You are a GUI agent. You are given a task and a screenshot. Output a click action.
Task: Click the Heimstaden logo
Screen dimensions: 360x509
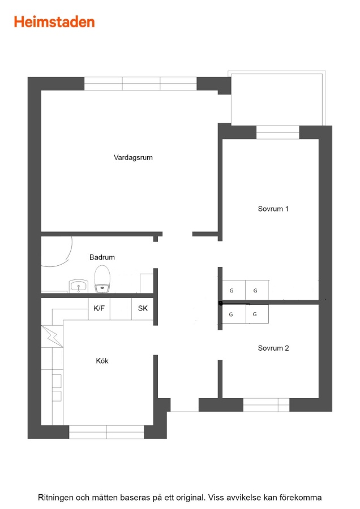54,22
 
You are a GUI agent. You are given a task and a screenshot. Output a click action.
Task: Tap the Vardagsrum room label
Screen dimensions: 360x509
133,157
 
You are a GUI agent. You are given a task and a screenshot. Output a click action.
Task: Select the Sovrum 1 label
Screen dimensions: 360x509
273,209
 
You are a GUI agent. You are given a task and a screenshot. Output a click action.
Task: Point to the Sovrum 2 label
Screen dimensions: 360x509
273,348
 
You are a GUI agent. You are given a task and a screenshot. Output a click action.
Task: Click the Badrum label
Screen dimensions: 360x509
102,257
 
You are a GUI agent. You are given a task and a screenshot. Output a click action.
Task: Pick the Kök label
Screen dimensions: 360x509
102,361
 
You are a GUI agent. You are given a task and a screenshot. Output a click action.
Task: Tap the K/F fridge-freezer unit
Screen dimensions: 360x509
99,308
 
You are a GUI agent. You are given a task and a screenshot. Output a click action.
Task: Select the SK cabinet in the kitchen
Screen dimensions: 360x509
142,308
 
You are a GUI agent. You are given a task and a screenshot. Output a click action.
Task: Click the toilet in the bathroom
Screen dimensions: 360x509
102,279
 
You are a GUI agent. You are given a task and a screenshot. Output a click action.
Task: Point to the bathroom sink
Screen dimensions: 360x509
78,286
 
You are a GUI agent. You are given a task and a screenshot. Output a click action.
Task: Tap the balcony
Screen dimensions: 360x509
276,98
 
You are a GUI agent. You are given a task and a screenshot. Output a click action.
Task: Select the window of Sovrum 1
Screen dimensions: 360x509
278,132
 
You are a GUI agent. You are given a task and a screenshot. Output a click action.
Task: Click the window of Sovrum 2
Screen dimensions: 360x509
266,405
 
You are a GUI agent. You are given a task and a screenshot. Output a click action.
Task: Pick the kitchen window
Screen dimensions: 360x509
106,432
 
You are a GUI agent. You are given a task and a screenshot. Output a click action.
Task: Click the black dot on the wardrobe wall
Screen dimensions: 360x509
221,303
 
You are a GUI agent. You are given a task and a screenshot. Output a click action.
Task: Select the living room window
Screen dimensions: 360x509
141,84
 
